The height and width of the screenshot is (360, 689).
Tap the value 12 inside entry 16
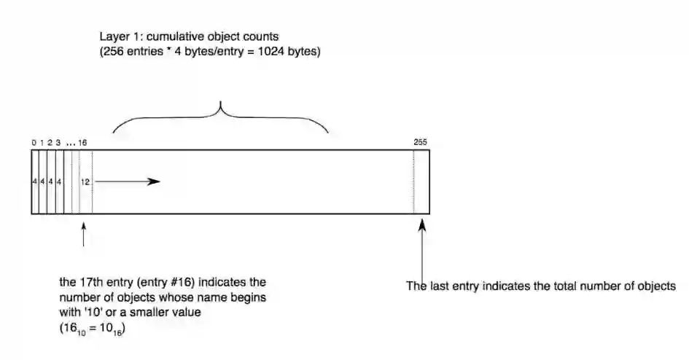click(85, 181)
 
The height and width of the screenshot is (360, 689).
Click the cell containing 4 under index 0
click(34, 181)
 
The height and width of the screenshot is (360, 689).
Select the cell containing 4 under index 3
click(58, 181)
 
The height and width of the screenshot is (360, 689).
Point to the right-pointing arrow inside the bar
click(128, 181)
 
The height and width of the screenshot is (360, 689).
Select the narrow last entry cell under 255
click(421, 181)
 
